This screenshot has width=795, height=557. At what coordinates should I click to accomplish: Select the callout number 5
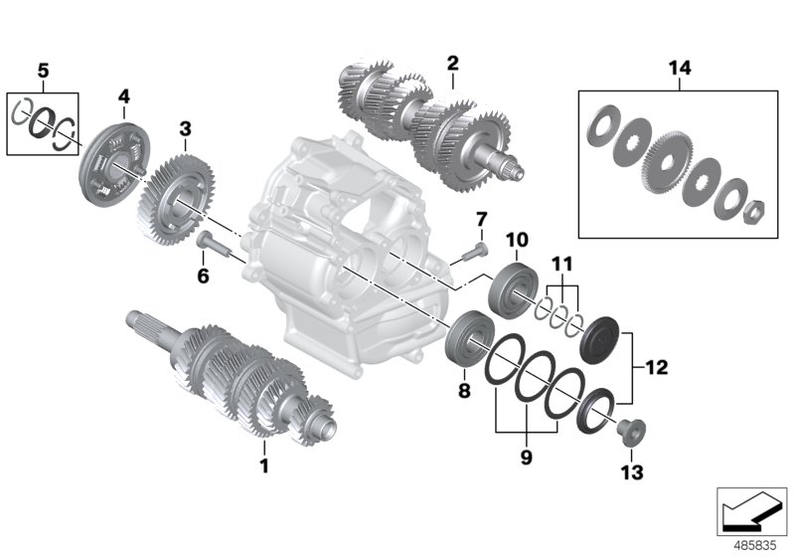coord(42,71)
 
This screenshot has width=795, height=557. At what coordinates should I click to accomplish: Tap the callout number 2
coord(452,63)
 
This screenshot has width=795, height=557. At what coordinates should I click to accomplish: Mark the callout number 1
coord(264,464)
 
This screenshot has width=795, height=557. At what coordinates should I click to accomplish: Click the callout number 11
coord(563,264)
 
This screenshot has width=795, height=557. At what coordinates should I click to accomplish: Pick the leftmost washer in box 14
coord(601,129)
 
